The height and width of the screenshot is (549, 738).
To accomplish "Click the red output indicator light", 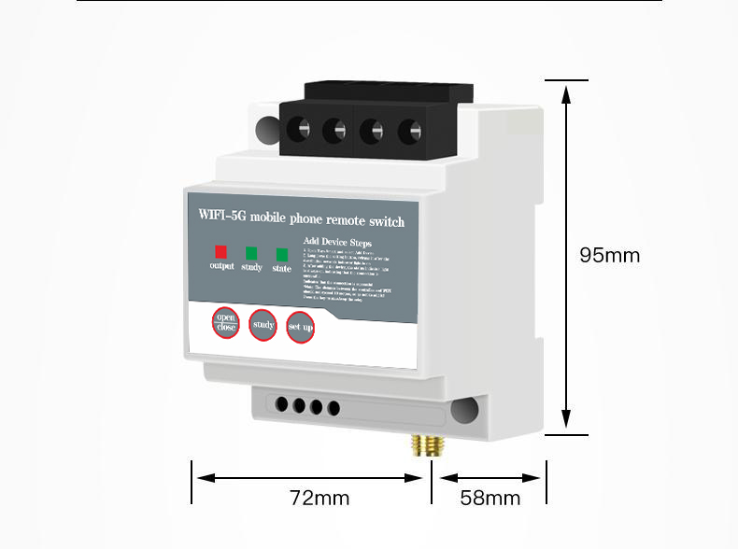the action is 221,251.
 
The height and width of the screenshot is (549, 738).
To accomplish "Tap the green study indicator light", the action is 251,252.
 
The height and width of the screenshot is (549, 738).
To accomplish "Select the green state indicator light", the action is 281,254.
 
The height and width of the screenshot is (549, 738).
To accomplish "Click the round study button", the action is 263,325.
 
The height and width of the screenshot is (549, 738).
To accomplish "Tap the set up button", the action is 300,327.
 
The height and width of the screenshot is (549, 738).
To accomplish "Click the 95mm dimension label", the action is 609,255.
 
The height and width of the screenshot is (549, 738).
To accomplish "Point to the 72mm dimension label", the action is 319,498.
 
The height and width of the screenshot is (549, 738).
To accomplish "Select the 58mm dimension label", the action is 490,498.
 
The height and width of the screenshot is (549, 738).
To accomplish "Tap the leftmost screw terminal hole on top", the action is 299,129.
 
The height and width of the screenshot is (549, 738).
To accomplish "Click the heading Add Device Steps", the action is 337,242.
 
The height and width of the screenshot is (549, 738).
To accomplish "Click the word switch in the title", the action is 386,222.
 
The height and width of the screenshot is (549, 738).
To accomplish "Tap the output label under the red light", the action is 221,266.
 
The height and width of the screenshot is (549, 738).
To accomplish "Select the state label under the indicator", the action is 281,269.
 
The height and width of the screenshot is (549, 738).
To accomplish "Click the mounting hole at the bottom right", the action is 464,408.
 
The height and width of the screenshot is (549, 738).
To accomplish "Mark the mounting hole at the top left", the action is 268,124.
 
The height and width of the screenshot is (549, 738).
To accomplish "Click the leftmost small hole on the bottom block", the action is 282,404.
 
